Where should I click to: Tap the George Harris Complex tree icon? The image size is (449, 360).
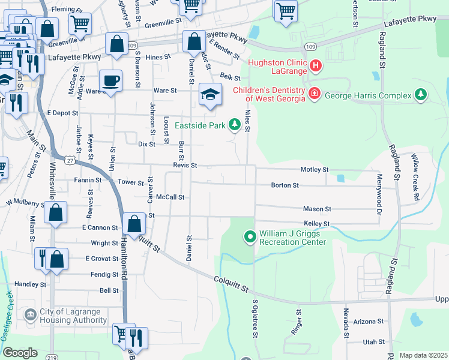pos(421,95)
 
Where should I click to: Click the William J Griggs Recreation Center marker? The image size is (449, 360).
pos(250,238)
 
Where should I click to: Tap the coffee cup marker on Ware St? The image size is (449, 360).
pos(110,80)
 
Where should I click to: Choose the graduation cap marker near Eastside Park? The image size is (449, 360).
pos(209,94)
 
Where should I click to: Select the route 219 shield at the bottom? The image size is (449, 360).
pos(53,356)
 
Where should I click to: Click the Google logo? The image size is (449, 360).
pos(20,353)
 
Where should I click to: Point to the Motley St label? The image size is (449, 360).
pos(315,170)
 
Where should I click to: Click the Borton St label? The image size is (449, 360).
pos(285,185)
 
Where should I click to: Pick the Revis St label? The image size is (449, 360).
pos(185,165)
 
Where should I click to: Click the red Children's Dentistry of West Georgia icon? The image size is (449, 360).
pos(313,92)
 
